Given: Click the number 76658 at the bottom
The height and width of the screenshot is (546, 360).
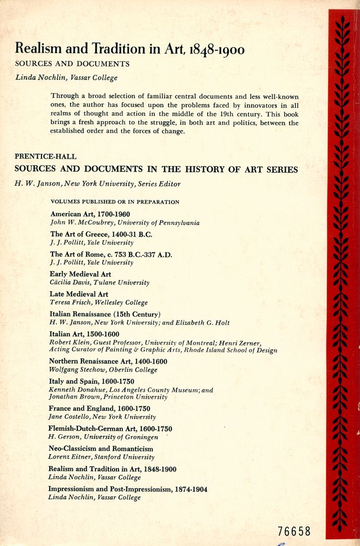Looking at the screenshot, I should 294,531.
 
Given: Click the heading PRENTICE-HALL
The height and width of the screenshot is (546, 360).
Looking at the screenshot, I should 43,157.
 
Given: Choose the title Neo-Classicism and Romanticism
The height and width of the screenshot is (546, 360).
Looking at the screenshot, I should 101,449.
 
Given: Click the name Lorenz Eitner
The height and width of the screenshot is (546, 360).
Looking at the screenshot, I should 69,457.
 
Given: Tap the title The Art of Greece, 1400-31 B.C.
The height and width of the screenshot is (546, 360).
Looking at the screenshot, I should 101,234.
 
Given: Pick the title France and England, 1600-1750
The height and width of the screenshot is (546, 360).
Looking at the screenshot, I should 100,408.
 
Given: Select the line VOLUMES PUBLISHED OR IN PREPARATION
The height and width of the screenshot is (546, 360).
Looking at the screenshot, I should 115,201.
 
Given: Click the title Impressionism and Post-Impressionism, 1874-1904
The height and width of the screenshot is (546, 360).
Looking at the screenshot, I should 128,489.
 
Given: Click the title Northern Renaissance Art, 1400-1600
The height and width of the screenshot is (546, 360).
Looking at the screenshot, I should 108,361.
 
